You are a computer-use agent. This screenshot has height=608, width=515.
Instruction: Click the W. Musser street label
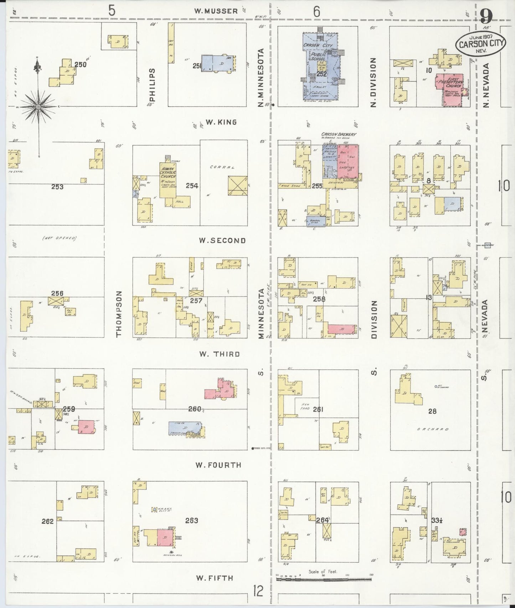216,11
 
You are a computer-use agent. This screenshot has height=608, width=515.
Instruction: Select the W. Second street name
222,240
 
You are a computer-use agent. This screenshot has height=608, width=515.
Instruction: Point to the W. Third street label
219,354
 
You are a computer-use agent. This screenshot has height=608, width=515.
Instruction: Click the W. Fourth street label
218,465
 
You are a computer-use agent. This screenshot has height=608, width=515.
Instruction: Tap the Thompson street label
119,314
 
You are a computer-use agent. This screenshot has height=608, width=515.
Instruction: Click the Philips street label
153,85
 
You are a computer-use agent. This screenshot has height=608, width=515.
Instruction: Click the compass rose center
38,106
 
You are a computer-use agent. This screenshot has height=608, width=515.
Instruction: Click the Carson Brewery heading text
339,135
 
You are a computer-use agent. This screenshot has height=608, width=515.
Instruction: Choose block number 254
192,186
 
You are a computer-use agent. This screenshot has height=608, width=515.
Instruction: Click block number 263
191,521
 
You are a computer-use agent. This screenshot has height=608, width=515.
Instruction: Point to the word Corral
219,167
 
